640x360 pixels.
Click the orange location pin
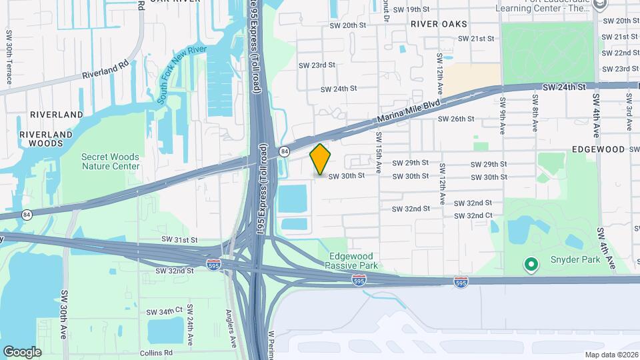point(321,159)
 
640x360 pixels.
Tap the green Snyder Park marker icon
point(531,265)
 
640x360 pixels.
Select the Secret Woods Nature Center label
point(111,161)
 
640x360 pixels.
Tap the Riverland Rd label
point(105,71)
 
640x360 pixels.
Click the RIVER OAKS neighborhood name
point(439,23)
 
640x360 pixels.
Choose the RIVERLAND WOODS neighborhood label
point(45,138)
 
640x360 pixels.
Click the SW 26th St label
point(455,119)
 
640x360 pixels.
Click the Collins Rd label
point(157,353)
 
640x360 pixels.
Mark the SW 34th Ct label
point(165,311)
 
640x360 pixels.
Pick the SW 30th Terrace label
point(9,57)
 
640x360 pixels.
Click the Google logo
point(22,351)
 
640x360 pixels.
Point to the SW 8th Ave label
point(535,113)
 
